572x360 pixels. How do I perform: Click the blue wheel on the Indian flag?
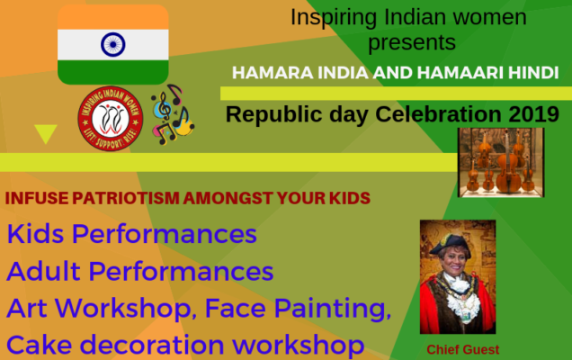pyautogui.click(x=113, y=44)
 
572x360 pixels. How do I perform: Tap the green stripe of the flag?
pyautogui.click(x=113, y=72)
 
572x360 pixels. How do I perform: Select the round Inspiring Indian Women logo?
pyautogui.click(x=110, y=119)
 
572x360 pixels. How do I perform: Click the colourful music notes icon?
pyautogui.click(x=173, y=114)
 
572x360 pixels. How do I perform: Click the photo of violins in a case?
pyautogui.click(x=501, y=163)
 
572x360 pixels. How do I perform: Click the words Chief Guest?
pyautogui.click(x=463, y=349)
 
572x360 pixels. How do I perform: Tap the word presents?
pyautogui.click(x=412, y=42)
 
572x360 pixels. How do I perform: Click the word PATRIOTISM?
pyautogui.click(x=126, y=198)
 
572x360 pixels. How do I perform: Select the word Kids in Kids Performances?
pyautogui.click(x=35, y=234)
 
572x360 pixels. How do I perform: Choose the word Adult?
pyautogui.click(x=43, y=271)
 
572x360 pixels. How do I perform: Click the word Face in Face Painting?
pyautogui.click(x=236, y=308)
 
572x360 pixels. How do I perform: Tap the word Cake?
pyautogui.click(x=39, y=345)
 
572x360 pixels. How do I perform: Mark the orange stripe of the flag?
pyautogui.click(x=113, y=17)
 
